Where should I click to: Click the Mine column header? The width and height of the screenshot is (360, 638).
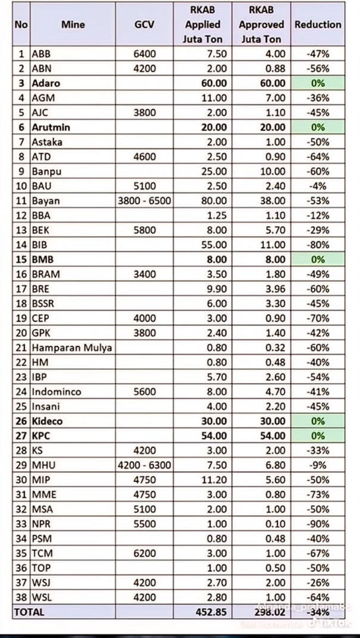click(73, 24)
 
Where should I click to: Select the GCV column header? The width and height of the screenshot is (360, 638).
click(145, 24)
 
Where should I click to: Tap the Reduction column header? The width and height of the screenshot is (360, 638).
click(318, 24)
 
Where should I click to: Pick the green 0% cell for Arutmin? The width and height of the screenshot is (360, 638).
click(318, 127)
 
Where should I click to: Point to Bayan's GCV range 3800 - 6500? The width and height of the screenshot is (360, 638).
click(145, 201)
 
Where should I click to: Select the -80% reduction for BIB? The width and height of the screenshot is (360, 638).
click(318, 245)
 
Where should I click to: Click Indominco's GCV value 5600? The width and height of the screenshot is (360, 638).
click(145, 392)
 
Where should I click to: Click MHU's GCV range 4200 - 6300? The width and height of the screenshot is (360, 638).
click(145, 465)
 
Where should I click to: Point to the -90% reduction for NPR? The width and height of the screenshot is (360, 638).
click(318, 524)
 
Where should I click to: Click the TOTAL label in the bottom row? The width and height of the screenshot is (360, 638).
click(29, 612)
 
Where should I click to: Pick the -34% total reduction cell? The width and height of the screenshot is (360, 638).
click(318, 612)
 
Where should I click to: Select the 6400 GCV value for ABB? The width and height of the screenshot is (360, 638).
click(145, 54)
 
